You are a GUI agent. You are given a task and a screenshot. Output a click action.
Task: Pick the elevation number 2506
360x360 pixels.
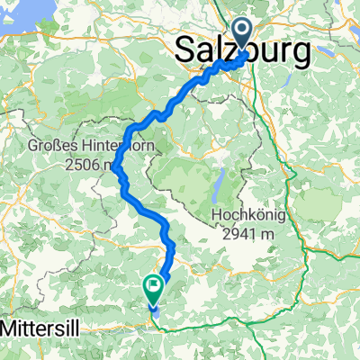click(x=84, y=166)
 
